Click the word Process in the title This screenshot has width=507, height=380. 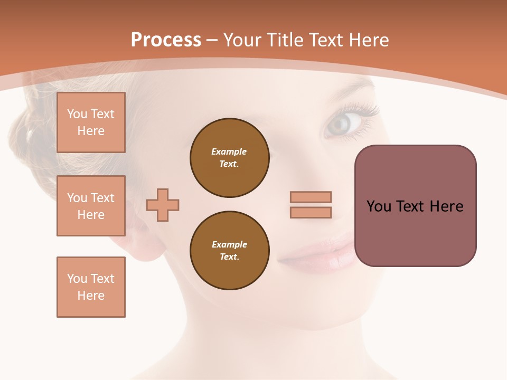(166, 40)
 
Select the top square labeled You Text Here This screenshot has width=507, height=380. (91, 122)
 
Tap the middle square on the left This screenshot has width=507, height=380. (91, 206)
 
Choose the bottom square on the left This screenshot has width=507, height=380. (91, 287)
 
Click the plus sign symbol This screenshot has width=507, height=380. (163, 205)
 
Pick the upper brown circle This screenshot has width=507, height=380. (229, 158)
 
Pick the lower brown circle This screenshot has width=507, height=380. (229, 251)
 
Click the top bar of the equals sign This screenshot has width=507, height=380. (311, 197)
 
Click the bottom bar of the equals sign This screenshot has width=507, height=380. (311, 212)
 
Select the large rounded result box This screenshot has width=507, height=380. (415, 206)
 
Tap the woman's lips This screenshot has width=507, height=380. (317, 255)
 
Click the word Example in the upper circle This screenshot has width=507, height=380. (229, 151)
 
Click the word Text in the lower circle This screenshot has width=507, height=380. (229, 257)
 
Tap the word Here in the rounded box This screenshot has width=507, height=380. (446, 206)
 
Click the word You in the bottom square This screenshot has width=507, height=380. (77, 279)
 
